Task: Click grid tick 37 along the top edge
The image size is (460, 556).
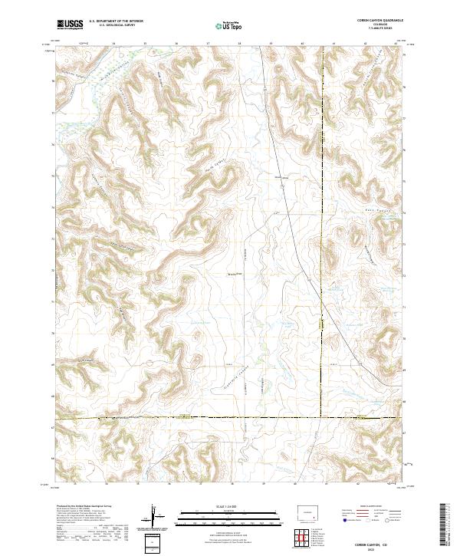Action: pyautogui.click(x=209, y=44)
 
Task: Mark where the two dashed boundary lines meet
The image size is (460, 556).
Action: pyautogui.click(x=322, y=418)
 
